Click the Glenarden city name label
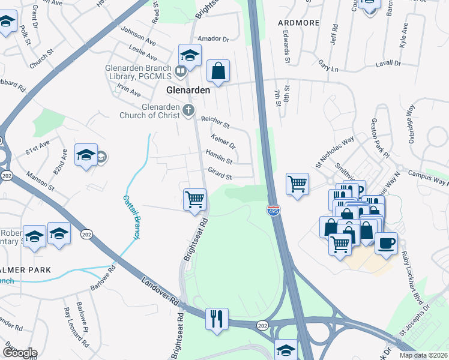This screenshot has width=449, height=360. point(188,90)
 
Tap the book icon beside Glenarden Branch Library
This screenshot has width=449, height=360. point(180,73)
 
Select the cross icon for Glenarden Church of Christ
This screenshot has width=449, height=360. point(188,110)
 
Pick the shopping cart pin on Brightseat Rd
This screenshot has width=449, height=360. point(194,199)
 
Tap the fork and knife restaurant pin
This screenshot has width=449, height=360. point(217,318)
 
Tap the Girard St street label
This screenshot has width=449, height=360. point(220,174)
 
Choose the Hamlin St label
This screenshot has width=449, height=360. point(219,157)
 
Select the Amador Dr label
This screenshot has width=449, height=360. point(217,39)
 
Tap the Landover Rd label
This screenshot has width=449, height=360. point(161,291)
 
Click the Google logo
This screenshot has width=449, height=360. point(19,353)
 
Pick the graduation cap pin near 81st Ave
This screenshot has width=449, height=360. point(86,155)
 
